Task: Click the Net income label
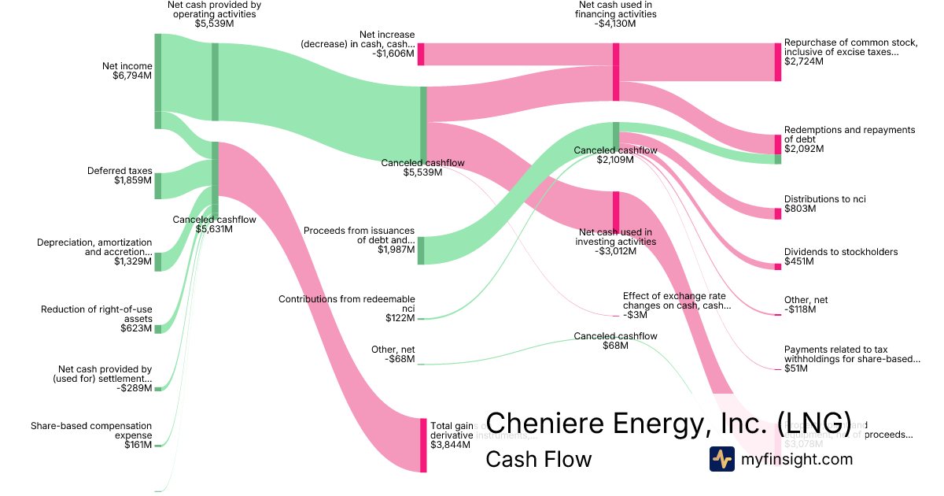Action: coord(127,66)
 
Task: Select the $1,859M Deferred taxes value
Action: coord(132,181)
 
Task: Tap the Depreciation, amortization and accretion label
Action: coord(94,247)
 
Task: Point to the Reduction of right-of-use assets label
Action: coord(96,314)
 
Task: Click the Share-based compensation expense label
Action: coord(90,431)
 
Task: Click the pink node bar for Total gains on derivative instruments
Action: coord(423,445)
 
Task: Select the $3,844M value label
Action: coord(450,445)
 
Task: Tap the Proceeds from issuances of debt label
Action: coord(359,235)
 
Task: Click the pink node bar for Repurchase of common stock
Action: coord(777,62)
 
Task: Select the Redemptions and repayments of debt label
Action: coord(850,135)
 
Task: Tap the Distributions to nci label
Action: coord(824,199)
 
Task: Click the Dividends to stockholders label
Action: coord(841,252)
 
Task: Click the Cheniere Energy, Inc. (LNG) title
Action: coord(668,423)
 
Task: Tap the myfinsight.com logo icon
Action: coord(721,459)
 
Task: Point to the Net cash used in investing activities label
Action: coord(614,236)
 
